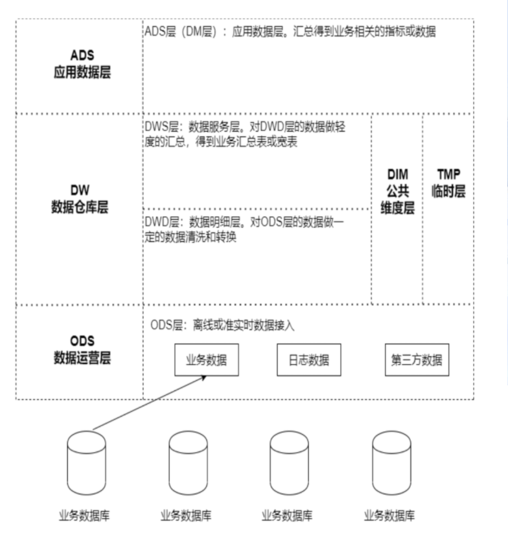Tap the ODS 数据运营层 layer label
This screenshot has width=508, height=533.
tap(82, 349)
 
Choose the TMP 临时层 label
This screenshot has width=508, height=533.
tap(448, 184)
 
